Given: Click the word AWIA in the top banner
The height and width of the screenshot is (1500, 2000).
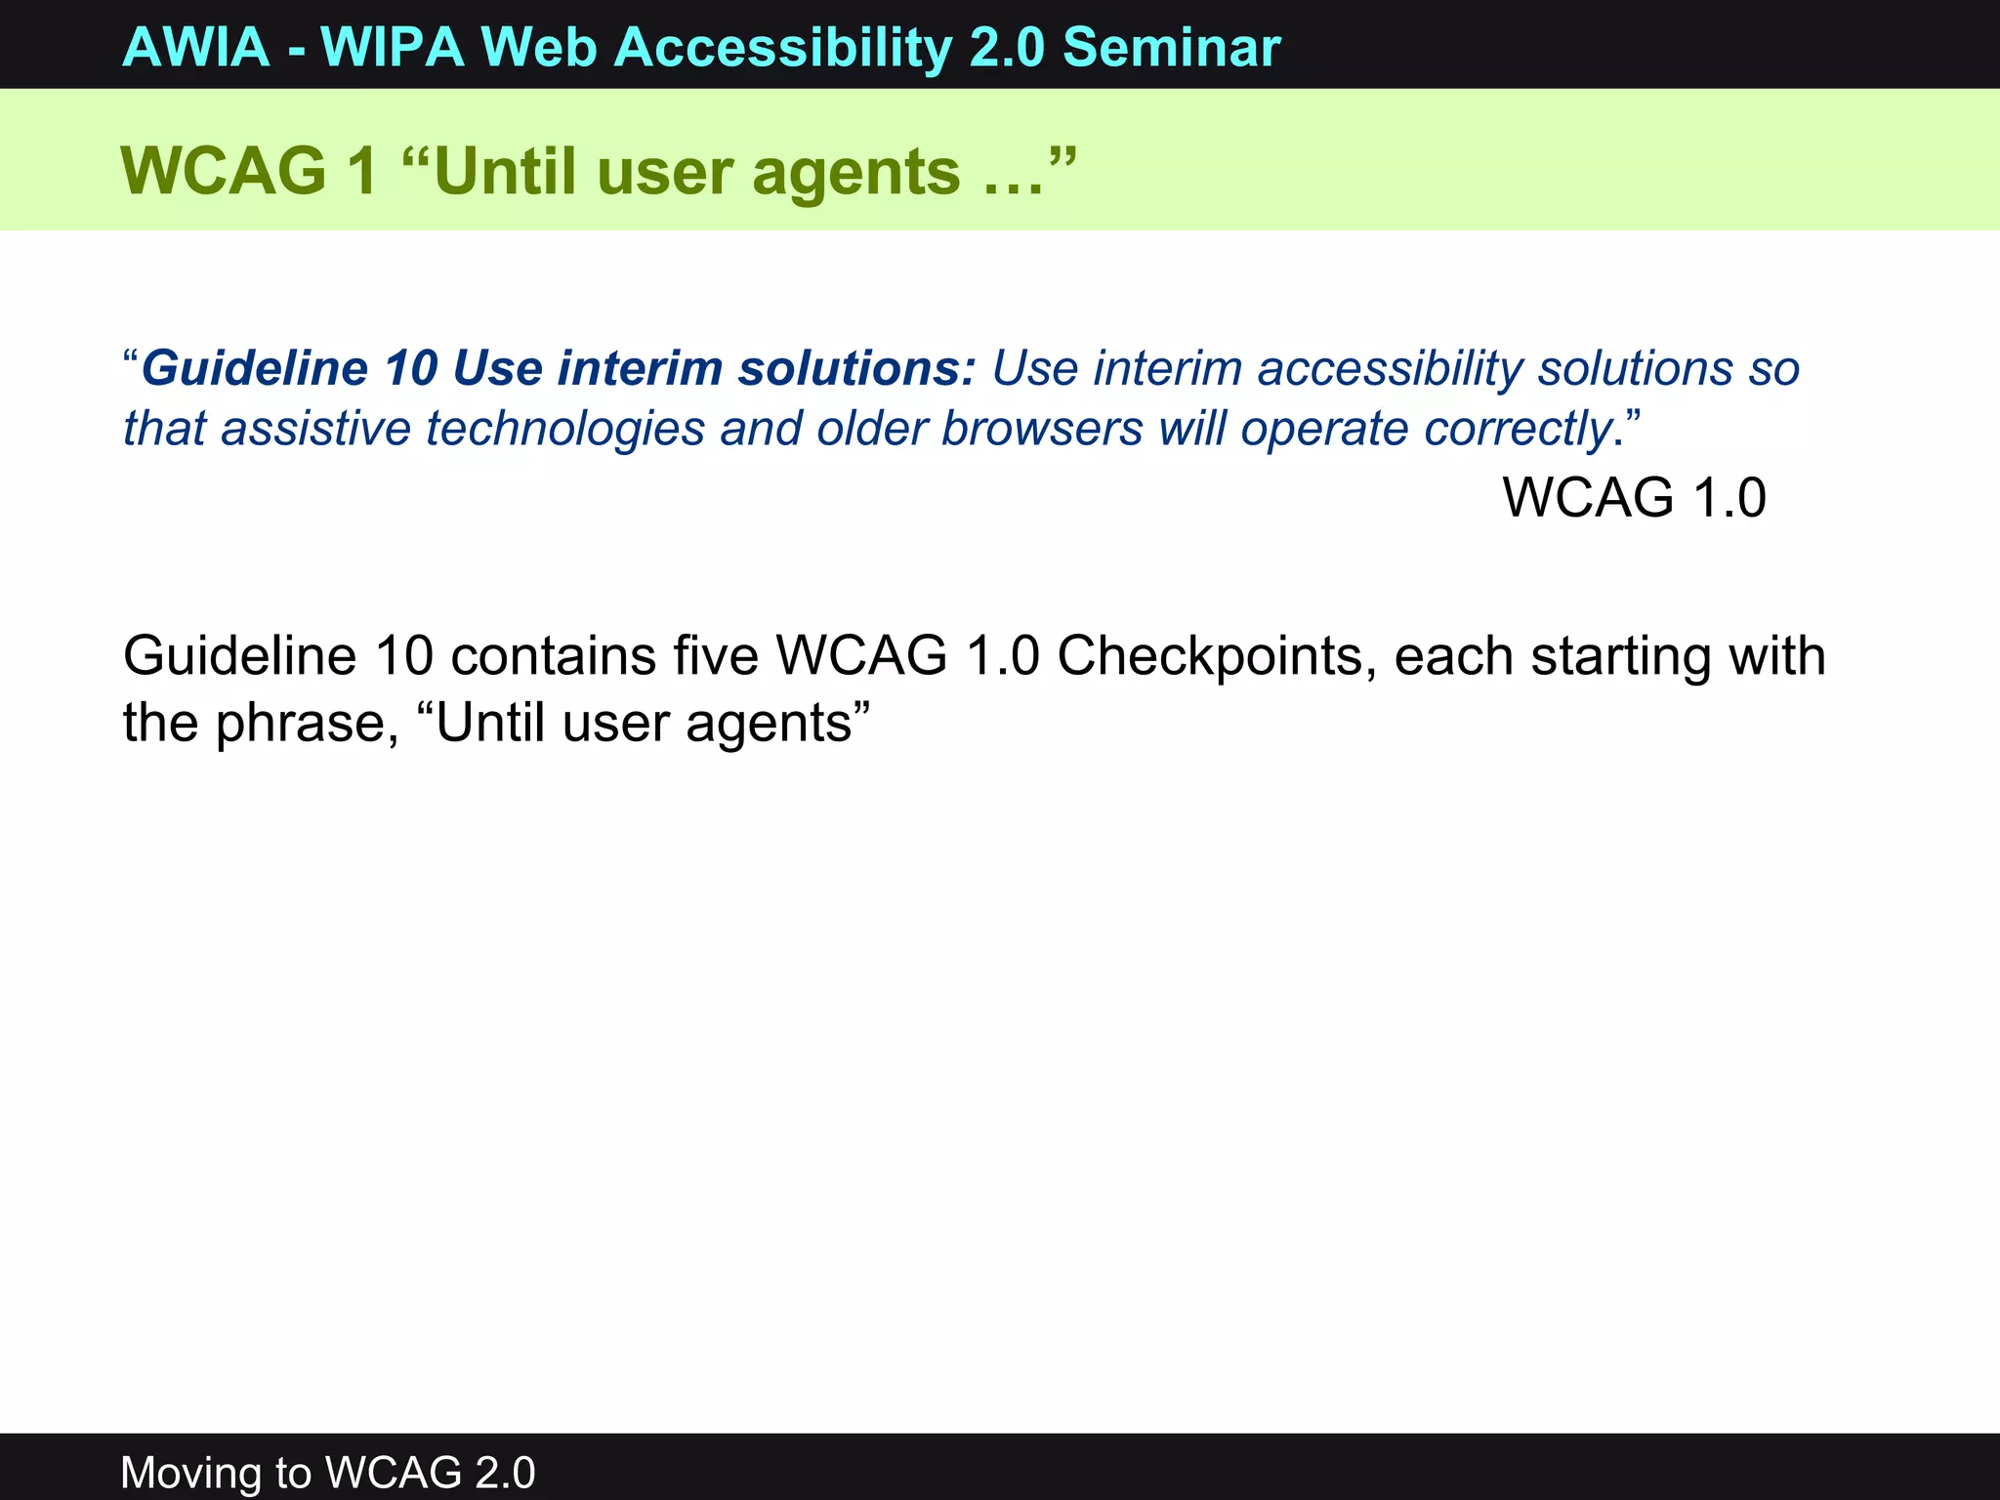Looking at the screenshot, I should pyautogui.click(x=195, y=47).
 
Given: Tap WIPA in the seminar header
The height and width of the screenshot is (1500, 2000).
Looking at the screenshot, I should pyautogui.click(x=393, y=47).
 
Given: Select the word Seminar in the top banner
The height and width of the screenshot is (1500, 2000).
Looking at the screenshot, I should pyautogui.click(x=1171, y=47).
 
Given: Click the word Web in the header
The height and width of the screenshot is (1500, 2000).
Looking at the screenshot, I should pyautogui.click(x=539, y=47).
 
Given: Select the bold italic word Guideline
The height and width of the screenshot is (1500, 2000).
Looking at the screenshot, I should pyautogui.click(x=254, y=369).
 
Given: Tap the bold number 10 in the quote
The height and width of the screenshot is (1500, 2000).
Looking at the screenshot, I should pyautogui.click(x=411, y=369).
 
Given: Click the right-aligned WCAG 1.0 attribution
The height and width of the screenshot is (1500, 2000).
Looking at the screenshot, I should pyautogui.click(x=1634, y=497).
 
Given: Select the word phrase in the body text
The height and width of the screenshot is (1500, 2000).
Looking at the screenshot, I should pyautogui.click(x=307, y=724).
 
